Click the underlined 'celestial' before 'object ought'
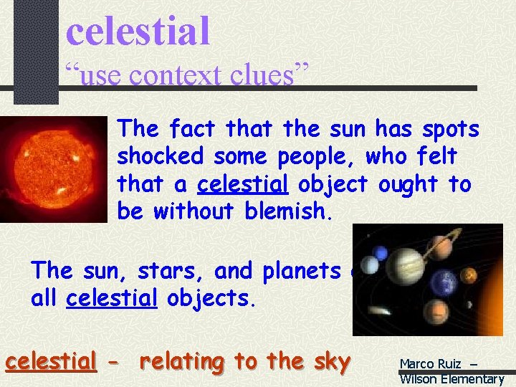(243, 184)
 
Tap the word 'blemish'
(294, 211)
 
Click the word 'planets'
(300, 272)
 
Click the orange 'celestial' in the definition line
(51, 362)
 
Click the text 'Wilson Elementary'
(451, 379)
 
